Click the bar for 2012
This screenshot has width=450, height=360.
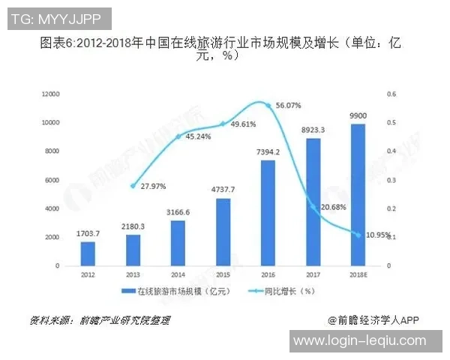click(x=88, y=253)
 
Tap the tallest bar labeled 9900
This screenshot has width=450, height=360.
click(x=358, y=195)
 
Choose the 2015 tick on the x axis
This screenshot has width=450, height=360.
click(x=223, y=274)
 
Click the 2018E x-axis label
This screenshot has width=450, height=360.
click(x=358, y=274)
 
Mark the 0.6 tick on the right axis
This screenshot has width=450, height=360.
click(x=391, y=94)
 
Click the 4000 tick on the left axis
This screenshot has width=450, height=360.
click(x=52, y=208)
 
